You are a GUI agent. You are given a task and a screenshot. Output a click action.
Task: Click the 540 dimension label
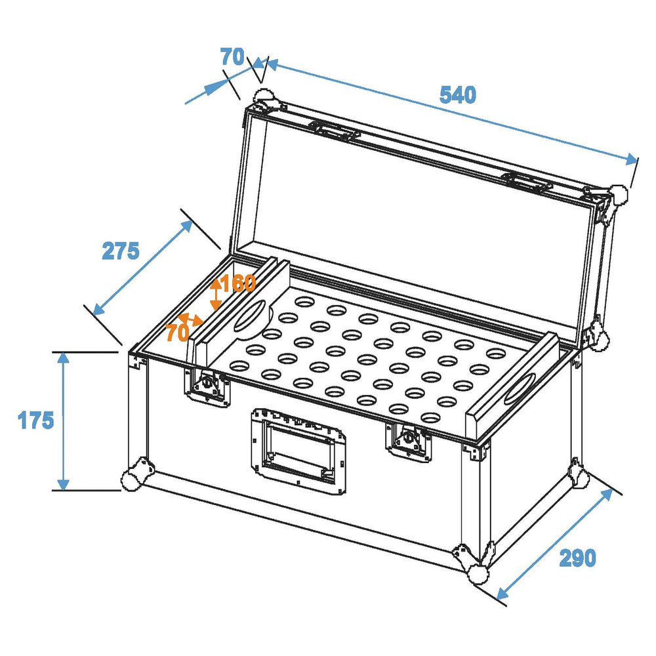pyautogui.click(x=457, y=96)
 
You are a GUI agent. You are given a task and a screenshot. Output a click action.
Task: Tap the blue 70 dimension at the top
pyautogui.click(x=232, y=58)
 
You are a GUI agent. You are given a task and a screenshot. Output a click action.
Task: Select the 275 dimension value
pyautogui.click(x=120, y=251)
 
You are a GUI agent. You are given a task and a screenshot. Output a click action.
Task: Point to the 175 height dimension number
pyautogui.click(x=35, y=420)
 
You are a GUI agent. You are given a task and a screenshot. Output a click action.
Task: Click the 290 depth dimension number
pyautogui.click(x=577, y=558)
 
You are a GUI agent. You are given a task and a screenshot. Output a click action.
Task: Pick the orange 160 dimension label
pyautogui.click(x=238, y=284)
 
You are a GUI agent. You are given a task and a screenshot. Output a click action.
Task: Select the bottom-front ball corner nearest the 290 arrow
pyautogui.click(x=478, y=573)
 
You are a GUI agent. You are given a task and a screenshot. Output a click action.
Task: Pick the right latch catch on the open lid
pyautogui.click(x=528, y=182)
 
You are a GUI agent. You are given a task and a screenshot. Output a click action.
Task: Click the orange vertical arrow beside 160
pyautogui.click(x=215, y=295)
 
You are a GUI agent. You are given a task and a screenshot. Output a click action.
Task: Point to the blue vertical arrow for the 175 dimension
pyautogui.click(x=63, y=420)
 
